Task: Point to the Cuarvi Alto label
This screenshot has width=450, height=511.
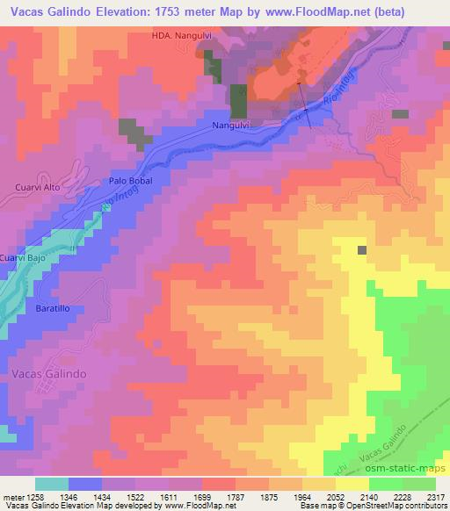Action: point(40,187)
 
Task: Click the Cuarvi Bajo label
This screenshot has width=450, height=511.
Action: point(21,258)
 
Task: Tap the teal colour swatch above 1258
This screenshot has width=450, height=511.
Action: point(51,484)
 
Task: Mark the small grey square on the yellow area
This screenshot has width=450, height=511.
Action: point(362,251)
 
